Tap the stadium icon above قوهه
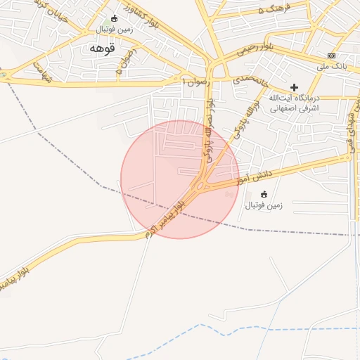click(115, 18)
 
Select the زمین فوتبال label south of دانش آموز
click(264, 206)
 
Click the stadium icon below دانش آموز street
click(264, 194)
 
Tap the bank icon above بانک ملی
click(331, 56)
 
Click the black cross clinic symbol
click(294, 86)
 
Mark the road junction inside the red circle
click(205, 186)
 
